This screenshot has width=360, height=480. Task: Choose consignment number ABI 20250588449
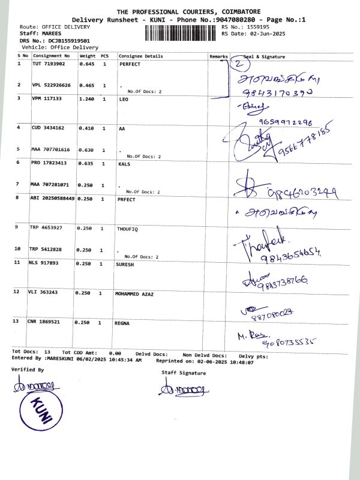point(52,198)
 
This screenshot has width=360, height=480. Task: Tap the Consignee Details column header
point(141,56)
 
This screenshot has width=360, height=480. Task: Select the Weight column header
point(88,56)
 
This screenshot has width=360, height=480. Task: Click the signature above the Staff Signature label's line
point(184,390)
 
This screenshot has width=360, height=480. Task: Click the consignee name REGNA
point(122,323)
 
